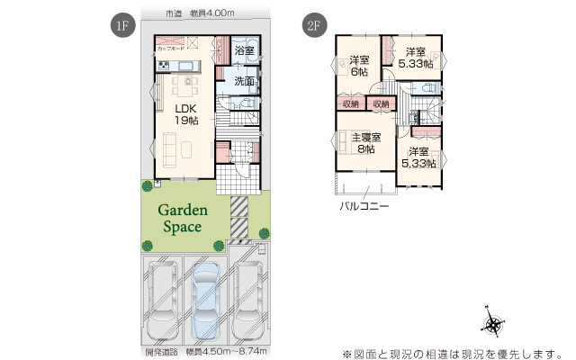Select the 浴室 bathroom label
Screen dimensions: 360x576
click(243, 51)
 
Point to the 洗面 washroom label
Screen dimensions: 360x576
click(243, 82)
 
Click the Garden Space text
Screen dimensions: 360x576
click(184, 219)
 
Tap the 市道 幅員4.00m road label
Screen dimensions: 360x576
click(200, 13)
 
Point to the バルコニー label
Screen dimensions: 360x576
click(364, 205)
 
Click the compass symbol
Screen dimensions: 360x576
click(494, 325)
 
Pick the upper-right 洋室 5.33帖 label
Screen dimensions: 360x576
click(414, 58)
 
